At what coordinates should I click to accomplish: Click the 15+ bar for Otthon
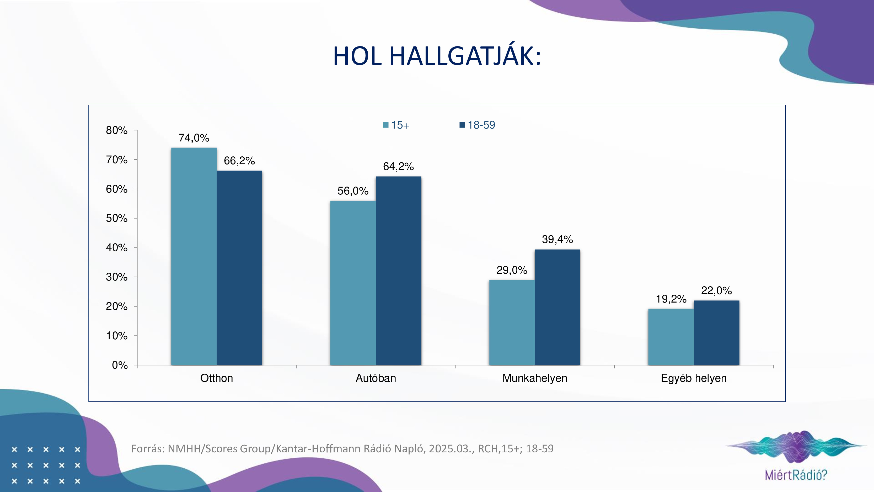click(x=194, y=256)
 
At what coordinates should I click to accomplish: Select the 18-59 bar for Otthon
click(x=239, y=268)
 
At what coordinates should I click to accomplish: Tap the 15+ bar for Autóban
click(x=353, y=283)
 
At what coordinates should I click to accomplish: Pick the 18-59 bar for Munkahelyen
click(x=557, y=307)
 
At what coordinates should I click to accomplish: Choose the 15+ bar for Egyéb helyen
click(x=671, y=337)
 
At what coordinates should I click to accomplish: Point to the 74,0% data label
click(x=194, y=138)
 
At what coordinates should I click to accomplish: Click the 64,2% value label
click(x=398, y=166)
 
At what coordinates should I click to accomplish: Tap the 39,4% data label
click(x=557, y=239)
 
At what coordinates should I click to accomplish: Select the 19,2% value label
click(x=671, y=299)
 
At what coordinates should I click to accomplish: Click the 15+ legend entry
click(x=396, y=125)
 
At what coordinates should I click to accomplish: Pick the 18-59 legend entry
click(x=477, y=125)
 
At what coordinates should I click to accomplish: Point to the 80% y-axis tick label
click(x=117, y=130)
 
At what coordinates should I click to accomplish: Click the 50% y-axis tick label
click(x=117, y=218)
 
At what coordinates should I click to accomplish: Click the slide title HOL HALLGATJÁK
click(x=437, y=56)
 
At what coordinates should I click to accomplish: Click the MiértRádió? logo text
click(x=796, y=475)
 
